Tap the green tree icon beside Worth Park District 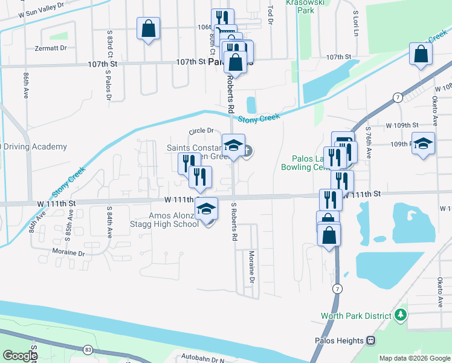(400, 315)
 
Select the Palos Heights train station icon (370, 341)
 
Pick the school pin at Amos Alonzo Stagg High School (207, 209)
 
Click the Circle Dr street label (201, 131)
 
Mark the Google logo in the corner (19, 355)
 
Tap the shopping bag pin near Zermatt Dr (149, 28)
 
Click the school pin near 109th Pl (424, 143)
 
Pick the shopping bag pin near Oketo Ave (421, 54)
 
